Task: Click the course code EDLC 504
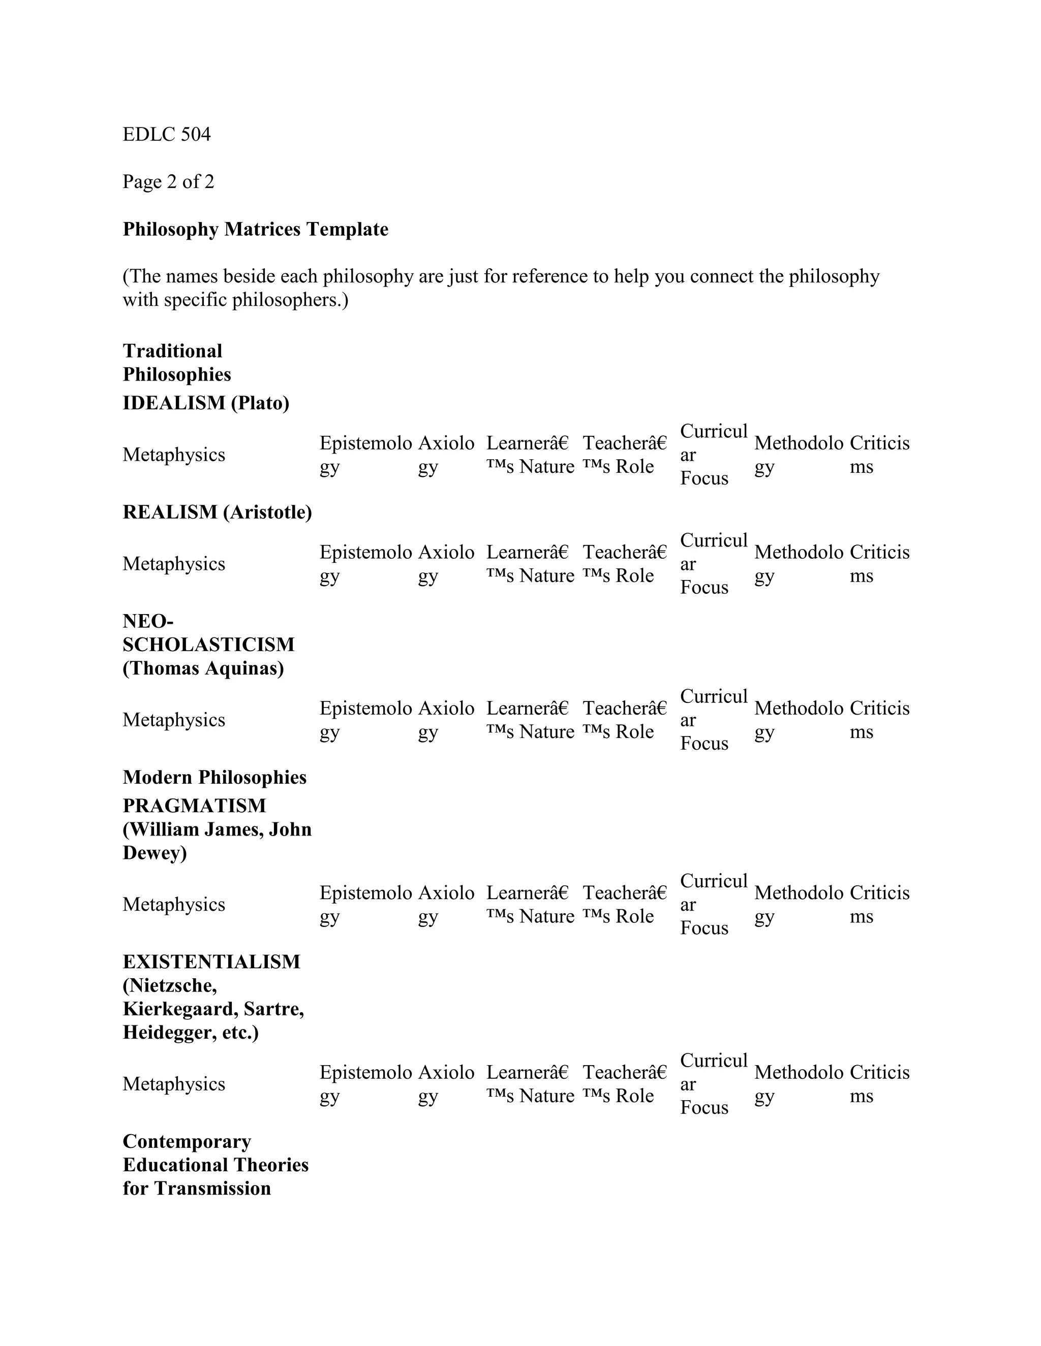[167, 135]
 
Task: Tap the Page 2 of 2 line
[168, 182]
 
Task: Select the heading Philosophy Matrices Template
[255, 229]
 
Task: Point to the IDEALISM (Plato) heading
[206, 403]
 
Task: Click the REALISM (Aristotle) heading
[217, 512]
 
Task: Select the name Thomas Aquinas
[203, 668]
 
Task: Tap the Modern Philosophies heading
[215, 777]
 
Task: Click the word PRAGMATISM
[194, 806]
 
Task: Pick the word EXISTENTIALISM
[211, 962]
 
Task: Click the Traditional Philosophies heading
[177, 362]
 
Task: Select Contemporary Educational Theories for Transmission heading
[215, 1165]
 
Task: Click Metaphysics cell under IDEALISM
[174, 455]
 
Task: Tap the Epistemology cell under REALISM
[365, 563]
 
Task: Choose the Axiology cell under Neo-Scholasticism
[446, 719]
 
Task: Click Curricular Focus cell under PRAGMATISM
[713, 904]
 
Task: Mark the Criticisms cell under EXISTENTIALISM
[879, 1083]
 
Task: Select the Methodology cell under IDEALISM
[798, 454]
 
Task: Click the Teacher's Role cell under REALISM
[624, 563]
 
